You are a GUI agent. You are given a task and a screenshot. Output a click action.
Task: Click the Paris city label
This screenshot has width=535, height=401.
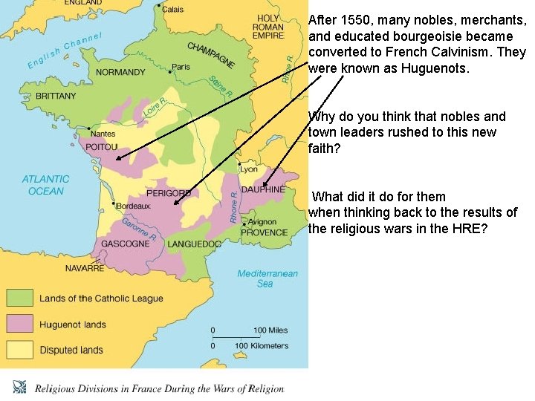[x=181, y=67]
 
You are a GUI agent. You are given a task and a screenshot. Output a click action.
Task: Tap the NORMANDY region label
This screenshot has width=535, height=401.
[x=121, y=73]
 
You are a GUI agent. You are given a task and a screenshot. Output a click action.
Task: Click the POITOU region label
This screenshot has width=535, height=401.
[x=103, y=147]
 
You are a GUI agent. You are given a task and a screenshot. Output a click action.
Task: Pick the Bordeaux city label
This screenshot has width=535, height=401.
[x=133, y=205]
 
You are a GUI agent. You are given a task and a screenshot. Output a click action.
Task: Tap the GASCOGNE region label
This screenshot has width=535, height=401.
[x=126, y=244]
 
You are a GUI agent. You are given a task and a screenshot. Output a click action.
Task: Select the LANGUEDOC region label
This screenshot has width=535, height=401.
[x=195, y=244]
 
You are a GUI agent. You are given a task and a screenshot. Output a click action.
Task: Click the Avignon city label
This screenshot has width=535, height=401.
[x=262, y=222]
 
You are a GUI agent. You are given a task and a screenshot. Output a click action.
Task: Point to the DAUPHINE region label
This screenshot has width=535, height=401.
[x=262, y=190]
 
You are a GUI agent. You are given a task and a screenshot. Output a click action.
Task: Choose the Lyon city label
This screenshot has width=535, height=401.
[x=248, y=169]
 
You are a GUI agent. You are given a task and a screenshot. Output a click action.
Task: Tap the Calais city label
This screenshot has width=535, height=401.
[x=172, y=10]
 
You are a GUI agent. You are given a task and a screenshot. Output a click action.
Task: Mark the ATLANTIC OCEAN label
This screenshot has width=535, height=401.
[x=46, y=185]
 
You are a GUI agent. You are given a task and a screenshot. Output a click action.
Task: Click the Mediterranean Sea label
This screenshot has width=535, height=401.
[x=267, y=278]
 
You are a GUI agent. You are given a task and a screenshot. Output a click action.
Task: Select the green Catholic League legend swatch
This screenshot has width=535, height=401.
[x=19, y=299]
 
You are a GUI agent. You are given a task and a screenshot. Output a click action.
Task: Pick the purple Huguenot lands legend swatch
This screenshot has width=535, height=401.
[x=19, y=324]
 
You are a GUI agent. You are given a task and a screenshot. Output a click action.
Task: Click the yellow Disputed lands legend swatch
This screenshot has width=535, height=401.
[x=19, y=349]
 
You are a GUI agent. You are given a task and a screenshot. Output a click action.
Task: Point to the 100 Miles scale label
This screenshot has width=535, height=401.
[x=270, y=330]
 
